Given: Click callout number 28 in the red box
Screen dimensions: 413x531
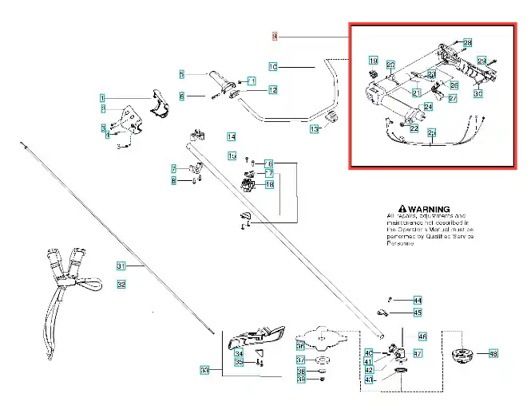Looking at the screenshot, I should click(x=468, y=42).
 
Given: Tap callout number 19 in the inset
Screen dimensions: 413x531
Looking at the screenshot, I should click(x=373, y=61).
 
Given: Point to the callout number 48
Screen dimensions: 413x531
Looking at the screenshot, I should click(x=493, y=353).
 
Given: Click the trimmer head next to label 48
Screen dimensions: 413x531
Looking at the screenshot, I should click(x=462, y=353).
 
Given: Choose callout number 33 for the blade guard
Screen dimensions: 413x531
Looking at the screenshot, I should click(x=205, y=370).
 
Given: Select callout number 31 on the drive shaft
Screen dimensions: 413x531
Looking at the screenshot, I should click(x=121, y=265).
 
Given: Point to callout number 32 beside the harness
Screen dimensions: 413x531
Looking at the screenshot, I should click(x=121, y=284).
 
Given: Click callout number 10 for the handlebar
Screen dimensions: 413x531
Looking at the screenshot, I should click(x=272, y=67).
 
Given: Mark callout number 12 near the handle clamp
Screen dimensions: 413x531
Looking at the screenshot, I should click(x=272, y=90).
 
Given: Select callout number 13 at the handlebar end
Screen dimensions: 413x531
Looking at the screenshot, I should click(x=314, y=129).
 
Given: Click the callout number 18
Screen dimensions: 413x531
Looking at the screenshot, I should click(x=269, y=185).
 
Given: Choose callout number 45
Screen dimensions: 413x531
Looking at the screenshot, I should click(x=417, y=313).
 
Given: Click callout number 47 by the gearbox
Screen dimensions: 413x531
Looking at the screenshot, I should click(x=417, y=352).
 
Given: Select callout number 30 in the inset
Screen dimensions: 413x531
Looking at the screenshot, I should click(x=478, y=94).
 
